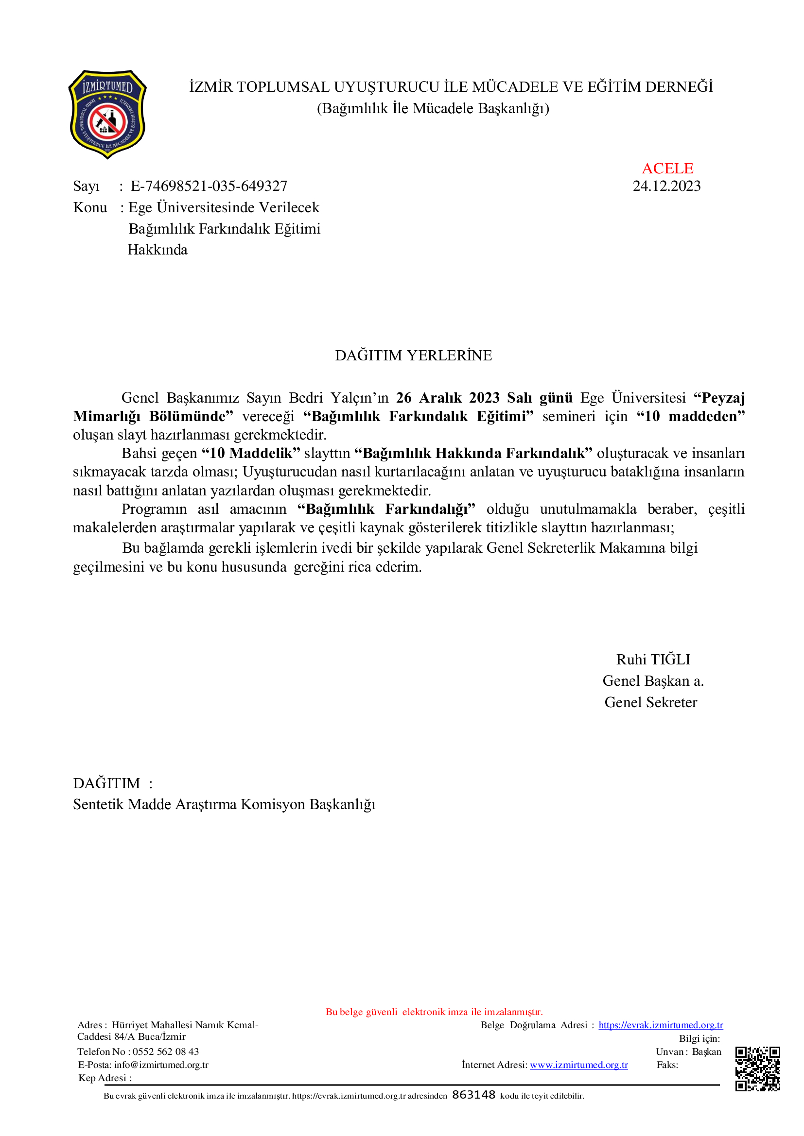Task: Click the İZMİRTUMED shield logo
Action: [x=107, y=114]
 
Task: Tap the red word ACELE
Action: [x=667, y=169]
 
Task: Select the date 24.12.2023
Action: [x=666, y=187]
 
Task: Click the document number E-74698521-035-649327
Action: [x=209, y=187]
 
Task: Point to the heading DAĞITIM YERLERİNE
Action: [x=413, y=356]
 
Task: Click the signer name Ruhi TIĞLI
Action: [x=652, y=660]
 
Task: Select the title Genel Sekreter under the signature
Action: [x=650, y=703]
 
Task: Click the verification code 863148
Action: [x=473, y=1095]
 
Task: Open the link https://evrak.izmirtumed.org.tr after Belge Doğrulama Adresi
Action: [x=661, y=1025]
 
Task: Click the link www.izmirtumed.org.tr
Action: [x=579, y=1065]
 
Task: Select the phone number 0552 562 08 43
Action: [x=165, y=1051]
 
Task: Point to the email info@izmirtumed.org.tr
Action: [x=161, y=1065]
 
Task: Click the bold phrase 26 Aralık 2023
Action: [x=448, y=398]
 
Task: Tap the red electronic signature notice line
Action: [x=434, y=1012]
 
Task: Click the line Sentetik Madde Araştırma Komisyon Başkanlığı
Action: [x=224, y=804]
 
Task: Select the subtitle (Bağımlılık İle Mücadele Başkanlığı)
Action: [x=433, y=108]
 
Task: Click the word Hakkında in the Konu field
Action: [x=157, y=250]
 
